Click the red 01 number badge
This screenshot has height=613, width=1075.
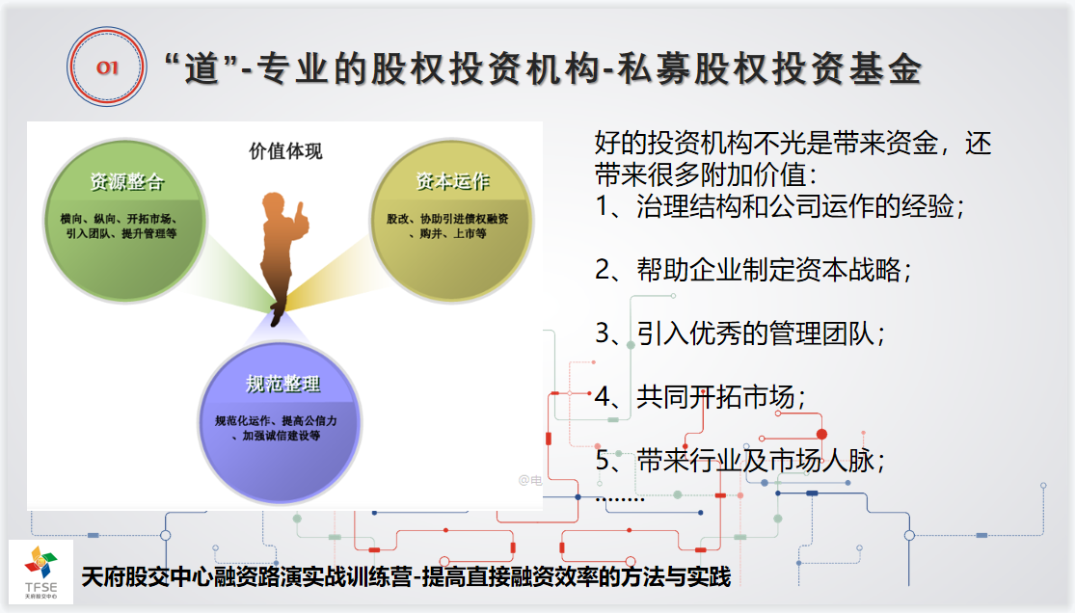pos(106,67)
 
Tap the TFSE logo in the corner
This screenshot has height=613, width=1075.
pos(41,573)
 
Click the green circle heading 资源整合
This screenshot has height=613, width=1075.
pos(127,182)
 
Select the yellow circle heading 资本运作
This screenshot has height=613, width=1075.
pos(452,181)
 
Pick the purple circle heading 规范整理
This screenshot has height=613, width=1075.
pos(282,384)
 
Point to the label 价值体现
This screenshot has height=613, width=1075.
pos(285,151)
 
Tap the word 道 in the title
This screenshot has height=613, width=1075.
pos(202,69)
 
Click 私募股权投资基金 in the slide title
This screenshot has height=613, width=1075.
pos(769,69)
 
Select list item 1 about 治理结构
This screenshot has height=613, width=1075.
pos(780,205)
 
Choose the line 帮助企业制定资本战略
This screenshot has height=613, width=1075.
pos(753,270)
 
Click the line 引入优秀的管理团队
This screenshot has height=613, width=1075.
pos(740,333)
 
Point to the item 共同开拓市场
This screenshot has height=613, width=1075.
pos(701,396)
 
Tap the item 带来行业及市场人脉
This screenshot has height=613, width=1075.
pos(740,460)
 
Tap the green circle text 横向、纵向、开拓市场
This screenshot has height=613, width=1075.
pos(120,219)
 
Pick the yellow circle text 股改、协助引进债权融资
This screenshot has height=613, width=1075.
pos(447,219)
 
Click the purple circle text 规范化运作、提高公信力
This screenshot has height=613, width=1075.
pos(277,420)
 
